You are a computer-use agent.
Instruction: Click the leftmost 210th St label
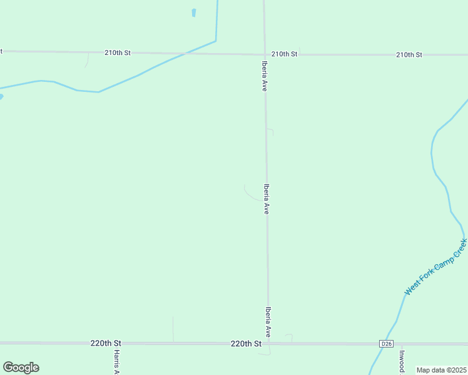click(118, 53)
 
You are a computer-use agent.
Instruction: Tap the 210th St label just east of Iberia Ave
click(284, 54)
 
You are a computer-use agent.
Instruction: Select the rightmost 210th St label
click(409, 55)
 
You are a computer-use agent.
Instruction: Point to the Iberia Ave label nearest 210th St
click(264, 76)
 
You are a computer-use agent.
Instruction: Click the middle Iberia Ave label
click(267, 199)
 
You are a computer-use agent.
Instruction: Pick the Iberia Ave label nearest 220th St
click(268, 322)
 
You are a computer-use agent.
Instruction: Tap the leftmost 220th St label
click(105, 344)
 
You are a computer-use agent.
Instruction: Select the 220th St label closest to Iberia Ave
click(245, 344)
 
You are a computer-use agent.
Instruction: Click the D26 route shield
click(386, 344)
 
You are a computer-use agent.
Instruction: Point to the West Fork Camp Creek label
click(435, 267)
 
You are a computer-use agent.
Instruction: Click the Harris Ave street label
click(117, 361)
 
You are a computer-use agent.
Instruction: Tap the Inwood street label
click(401, 362)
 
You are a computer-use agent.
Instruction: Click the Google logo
click(21, 367)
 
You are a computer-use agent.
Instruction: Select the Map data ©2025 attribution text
click(441, 370)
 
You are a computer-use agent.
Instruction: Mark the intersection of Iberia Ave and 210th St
click(264, 54)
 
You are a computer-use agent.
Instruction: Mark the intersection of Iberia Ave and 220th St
click(268, 344)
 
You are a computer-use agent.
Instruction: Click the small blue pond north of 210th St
click(194, 12)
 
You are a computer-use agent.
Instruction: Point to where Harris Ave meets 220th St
click(117, 344)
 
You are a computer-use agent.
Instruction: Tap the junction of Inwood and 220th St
click(402, 344)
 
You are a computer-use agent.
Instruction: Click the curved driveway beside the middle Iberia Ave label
click(250, 194)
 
